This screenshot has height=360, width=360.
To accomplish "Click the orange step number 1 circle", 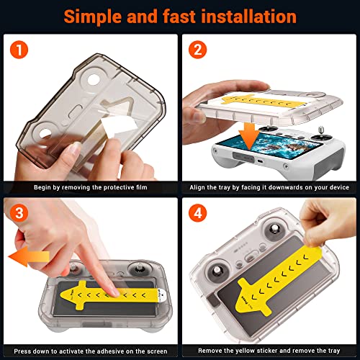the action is (x=19, y=50).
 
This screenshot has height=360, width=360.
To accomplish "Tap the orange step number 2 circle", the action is (x=197, y=50).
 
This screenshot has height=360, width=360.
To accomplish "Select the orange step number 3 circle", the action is (x=19, y=213).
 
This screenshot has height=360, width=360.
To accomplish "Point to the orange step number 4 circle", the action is (x=197, y=213).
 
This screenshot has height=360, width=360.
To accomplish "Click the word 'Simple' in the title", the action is (x=93, y=17).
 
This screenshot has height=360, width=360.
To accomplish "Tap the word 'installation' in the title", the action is (x=249, y=17).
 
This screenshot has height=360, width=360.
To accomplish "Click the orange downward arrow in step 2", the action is (x=249, y=135).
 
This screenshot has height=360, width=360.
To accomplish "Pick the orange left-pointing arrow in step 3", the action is (x=29, y=257).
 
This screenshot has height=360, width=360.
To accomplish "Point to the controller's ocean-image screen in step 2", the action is (x=269, y=145).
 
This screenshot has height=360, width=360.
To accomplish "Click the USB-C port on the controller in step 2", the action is (x=260, y=161).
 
